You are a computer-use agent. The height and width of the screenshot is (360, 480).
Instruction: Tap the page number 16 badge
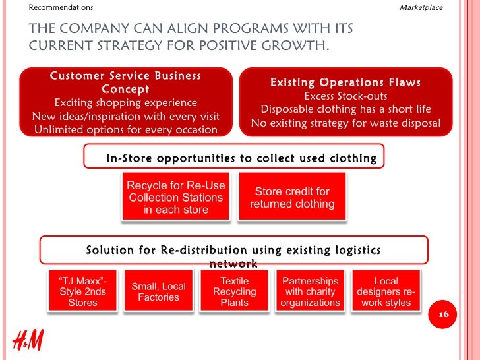coord(442,316)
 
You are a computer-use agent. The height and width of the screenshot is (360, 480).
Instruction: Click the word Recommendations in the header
coord(61,7)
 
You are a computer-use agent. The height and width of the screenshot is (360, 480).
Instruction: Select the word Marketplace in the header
coord(421,7)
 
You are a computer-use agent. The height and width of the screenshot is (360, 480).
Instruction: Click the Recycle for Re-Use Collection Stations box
coord(176,197)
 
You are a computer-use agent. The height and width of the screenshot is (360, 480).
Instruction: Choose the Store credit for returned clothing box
coord(292,197)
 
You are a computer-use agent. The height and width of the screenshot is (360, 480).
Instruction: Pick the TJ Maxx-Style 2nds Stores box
coord(82,291)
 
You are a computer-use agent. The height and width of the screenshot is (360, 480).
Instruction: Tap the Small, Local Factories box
coord(158,291)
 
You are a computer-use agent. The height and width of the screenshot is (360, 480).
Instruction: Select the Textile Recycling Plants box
coord(235,291)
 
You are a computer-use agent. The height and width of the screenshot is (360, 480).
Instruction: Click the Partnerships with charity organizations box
coord(310,291)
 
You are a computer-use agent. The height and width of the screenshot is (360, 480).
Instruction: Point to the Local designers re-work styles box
coord(386,291)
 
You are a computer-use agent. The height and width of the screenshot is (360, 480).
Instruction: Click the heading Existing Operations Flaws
coord(345,82)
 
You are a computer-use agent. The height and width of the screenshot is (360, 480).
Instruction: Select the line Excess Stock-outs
coord(345,96)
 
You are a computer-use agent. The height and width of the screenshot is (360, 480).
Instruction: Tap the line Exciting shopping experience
coord(125,103)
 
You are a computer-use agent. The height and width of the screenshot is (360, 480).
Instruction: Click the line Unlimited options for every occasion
coord(125,129)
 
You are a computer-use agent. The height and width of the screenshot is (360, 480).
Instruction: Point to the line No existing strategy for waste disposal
coord(345,123)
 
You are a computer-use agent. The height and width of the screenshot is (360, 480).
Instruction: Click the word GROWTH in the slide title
coord(293,45)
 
